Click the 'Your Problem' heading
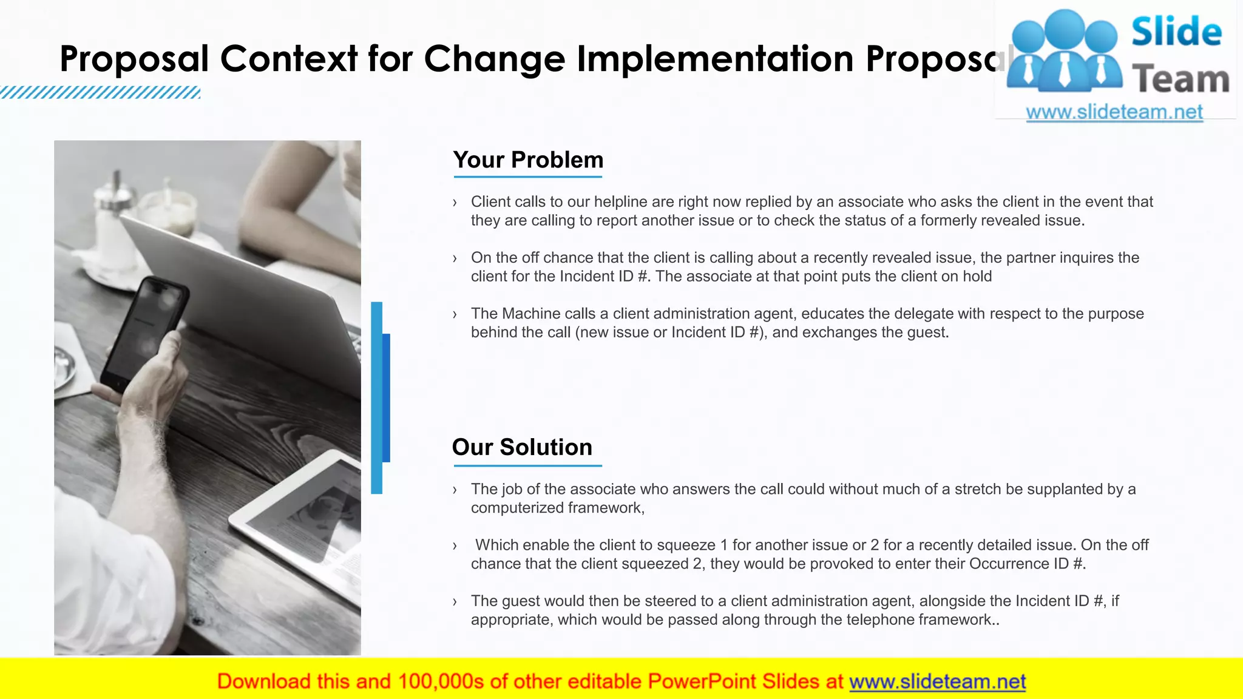528,160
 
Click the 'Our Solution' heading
522,447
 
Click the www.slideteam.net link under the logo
1114,112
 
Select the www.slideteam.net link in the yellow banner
937,681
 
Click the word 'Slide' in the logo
1176,32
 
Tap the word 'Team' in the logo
1180,79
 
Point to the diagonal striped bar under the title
100,92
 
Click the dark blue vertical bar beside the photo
386,397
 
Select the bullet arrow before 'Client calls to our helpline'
455,203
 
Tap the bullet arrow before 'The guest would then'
455,602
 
